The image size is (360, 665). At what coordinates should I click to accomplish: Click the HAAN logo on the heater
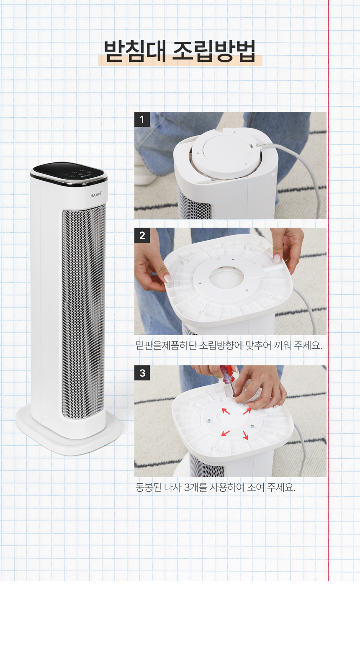[x=96, y=195]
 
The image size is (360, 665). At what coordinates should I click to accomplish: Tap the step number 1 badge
[x=142, y=119]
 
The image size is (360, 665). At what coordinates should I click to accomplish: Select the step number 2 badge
[x=142, y=235]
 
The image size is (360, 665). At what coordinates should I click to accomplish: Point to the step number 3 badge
[x=142, y=373]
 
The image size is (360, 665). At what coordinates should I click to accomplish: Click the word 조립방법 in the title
[x=214, y=51]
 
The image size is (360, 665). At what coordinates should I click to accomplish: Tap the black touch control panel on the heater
[x=69, y=173]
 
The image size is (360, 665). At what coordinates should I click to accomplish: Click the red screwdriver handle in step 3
[x=227, y=374]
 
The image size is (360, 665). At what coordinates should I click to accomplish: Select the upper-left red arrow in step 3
[x=226, y=411]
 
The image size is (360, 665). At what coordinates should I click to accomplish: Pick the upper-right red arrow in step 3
[x=247, y=411]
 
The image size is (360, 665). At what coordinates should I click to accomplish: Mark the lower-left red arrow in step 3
[x=226, y=433]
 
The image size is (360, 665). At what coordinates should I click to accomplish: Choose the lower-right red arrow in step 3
[x=245, y=435]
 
